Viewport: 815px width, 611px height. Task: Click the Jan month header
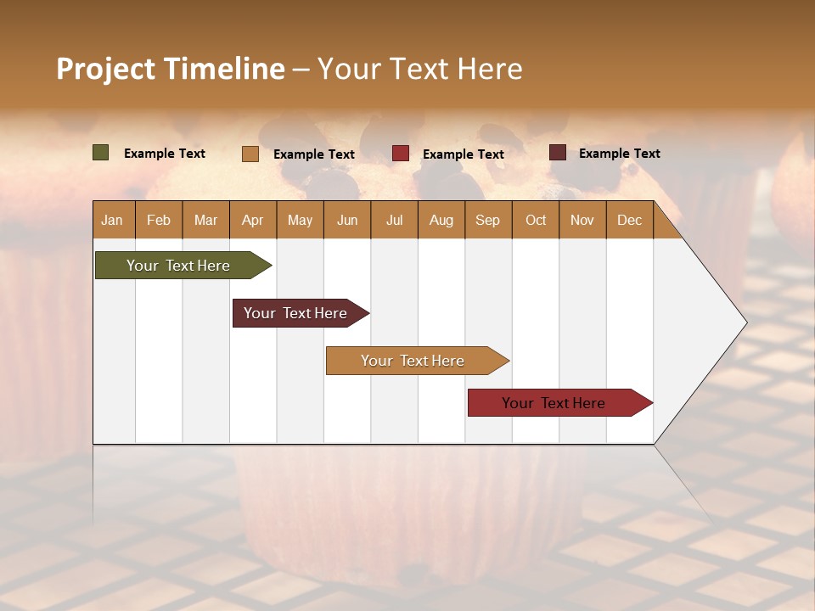[x=112, y=220]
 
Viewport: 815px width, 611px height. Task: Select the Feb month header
[x=159, y=220]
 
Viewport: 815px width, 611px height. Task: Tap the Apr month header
[x=252, y=220]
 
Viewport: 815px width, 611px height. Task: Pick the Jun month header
[x=347, y=220]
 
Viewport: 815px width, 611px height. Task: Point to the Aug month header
[x=441, y=220]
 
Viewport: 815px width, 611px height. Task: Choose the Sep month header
[x=487, y=220]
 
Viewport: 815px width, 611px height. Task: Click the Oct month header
[x=536, y=220]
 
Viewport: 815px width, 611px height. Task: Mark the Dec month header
[x=629, y=220]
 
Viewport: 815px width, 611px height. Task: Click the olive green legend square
[x=101, y=153]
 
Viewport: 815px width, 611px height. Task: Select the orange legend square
[x=250, y=154]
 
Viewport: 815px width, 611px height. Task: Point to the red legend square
[x=401, y=154]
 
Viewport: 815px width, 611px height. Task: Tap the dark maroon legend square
[x=558, y=153]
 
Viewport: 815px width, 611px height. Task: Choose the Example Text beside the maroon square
[x=619, y=154]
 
